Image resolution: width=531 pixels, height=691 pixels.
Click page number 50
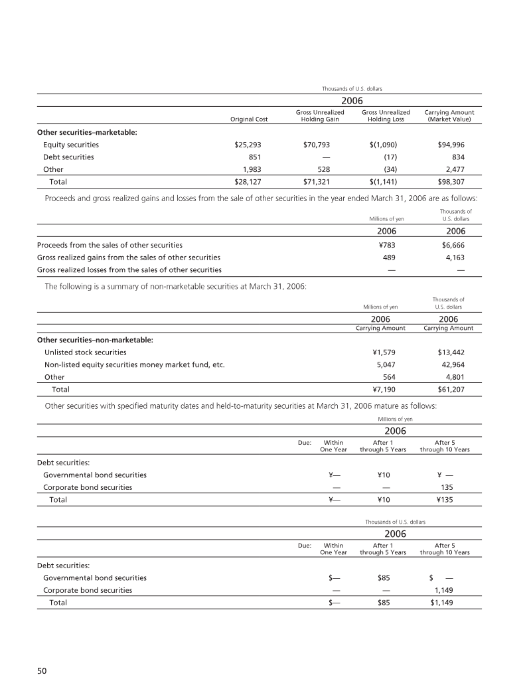click(x=41, y=671)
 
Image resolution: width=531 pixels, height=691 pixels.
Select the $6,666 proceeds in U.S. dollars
click(x=451, y=245)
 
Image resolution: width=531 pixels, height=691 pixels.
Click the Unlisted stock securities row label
click(x=85, y=352)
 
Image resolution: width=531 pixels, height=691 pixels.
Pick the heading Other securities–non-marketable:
click(x=96, y=340)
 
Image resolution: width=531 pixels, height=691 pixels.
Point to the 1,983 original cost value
click(x=252, y=169)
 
